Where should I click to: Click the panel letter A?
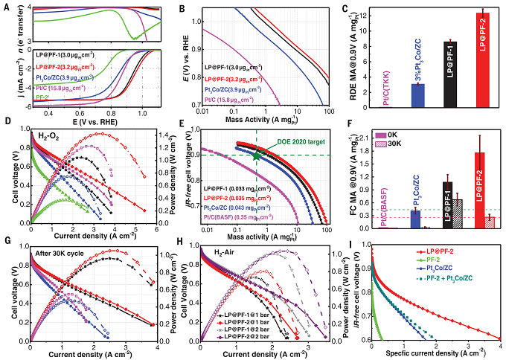(6, 7)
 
